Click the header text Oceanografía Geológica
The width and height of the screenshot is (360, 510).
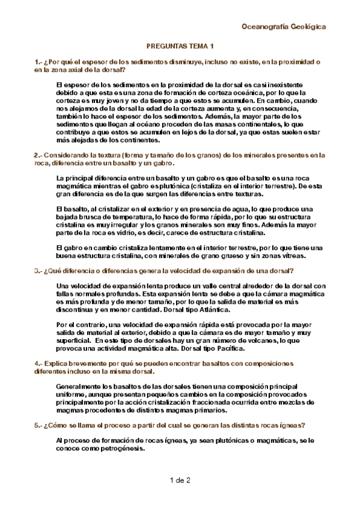pyautogui.click(x=283, y=26)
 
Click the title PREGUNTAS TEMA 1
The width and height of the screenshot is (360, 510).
pyautogui.click(x=180, y=46)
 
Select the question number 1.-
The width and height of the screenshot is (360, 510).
pyautogui.click(x=38, y=62)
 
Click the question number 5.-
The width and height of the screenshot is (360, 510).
pyautogui.click(x=38, y=425)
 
